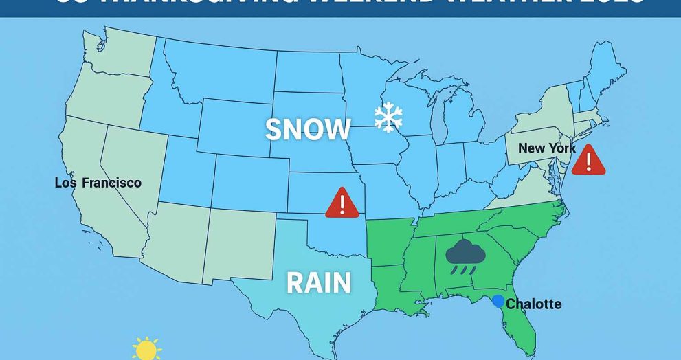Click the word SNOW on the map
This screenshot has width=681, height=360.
(x=308, y=129)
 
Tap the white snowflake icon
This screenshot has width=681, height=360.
(x=388, y=119)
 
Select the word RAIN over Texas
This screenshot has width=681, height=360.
(x=318, y=282)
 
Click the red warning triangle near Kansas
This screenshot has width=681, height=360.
(x=341, y=203)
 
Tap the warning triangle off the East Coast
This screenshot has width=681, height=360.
(x=588, y=160)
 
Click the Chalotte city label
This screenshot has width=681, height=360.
(x=533, y=304)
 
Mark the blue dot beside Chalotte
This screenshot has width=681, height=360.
(x=498, y=301)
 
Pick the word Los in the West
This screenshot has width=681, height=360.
(x=66, y=183)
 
